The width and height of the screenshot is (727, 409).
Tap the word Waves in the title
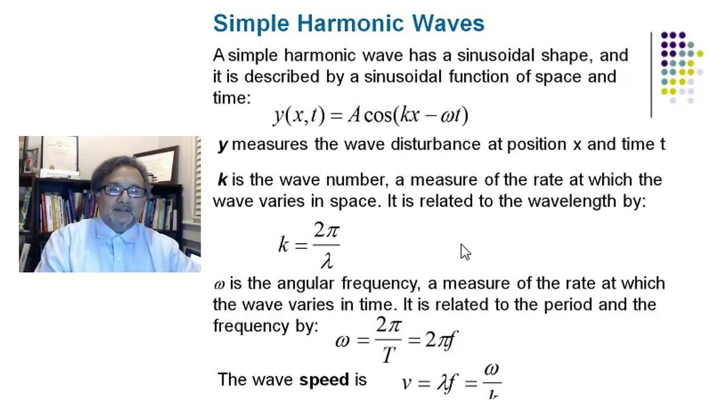445,23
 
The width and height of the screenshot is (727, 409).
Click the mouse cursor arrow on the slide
465,251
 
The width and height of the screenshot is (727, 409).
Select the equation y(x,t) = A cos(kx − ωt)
371,113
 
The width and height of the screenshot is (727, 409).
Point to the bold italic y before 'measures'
222,145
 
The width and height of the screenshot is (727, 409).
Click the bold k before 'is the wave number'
222,180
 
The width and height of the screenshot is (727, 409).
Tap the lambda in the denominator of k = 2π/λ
327,261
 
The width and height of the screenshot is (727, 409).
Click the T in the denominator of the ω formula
388,355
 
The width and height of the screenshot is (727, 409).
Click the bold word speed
324,380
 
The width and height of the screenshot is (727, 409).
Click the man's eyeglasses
123,191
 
